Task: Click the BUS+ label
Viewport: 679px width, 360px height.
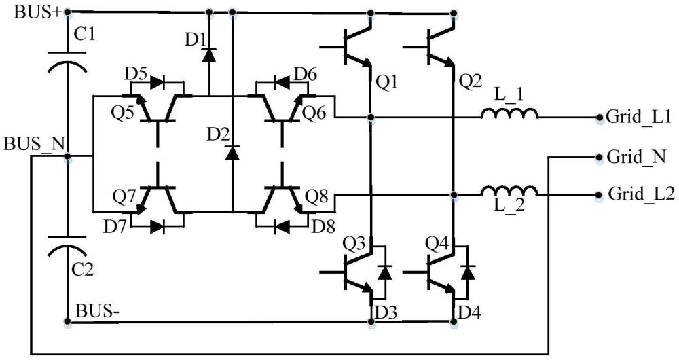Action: click(38, 11)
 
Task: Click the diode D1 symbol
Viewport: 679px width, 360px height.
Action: click(209, 54)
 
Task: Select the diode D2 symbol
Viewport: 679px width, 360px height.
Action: click(232, 153)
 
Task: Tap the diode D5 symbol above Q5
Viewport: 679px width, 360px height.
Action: click(156, 83)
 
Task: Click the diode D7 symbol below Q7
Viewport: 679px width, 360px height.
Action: click(158, 227)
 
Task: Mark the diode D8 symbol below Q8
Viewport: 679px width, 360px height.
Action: click(282, 226)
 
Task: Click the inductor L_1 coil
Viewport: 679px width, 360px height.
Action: click(510, 113)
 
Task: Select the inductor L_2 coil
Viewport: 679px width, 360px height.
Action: click(510, 191)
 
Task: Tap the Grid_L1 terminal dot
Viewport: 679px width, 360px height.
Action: click(600, 117)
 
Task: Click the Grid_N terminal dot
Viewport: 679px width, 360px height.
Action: click(600, 157)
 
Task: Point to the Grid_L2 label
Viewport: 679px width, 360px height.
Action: click(641, 194)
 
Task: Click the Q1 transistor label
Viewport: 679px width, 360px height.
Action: click(387, 82)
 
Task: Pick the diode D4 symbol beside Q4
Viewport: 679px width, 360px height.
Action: click(467, 272)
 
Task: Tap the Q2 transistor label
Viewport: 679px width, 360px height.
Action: click(471, 82)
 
